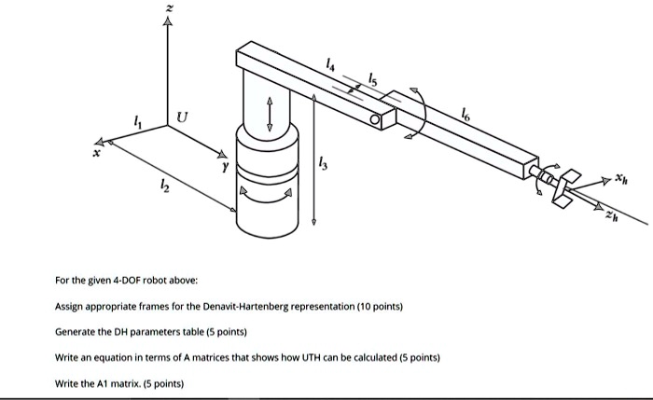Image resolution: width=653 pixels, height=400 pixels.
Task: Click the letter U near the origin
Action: click(181, 118)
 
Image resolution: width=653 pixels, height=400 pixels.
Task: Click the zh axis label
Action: click(611, 215)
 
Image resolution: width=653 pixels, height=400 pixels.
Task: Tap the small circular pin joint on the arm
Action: click(375, 120)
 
